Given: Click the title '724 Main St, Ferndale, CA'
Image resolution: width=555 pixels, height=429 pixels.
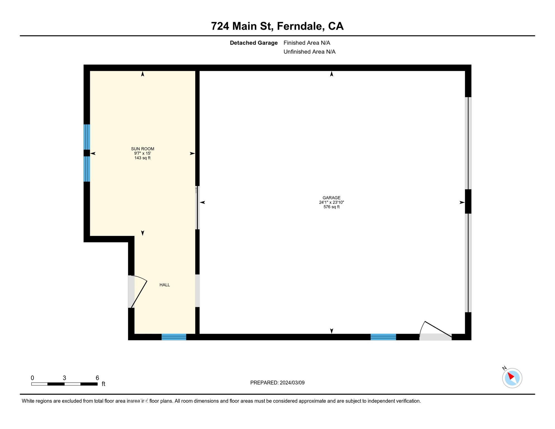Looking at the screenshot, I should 277,26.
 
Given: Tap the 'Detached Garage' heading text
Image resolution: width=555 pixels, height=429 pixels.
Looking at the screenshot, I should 253,43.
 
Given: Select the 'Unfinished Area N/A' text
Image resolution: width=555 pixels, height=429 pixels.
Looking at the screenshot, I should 309,52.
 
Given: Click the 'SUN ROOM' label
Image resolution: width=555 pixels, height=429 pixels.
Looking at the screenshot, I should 143,149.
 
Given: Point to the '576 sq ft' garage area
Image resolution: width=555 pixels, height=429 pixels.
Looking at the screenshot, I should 331,207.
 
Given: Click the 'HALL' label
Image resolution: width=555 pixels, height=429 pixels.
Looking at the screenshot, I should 165,285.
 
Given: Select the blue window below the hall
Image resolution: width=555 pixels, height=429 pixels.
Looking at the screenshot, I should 174,337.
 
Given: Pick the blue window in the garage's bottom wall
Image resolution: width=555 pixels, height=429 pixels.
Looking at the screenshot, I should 383,337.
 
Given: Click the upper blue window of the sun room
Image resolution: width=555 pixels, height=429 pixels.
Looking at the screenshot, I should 87,137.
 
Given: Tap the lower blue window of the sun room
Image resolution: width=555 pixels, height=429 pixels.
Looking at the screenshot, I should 87,169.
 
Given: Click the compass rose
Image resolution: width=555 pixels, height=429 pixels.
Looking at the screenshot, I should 512,378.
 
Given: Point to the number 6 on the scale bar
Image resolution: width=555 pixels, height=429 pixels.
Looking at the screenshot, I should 97,378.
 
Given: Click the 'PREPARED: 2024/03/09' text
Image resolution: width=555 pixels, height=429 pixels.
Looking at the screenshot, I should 277,383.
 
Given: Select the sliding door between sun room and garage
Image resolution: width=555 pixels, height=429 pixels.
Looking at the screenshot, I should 197,208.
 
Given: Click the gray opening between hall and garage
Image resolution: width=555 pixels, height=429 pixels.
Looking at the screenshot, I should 197,291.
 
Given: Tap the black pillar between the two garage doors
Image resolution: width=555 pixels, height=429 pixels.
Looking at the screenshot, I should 468,201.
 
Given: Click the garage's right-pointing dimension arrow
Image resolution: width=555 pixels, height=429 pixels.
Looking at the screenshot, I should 462,202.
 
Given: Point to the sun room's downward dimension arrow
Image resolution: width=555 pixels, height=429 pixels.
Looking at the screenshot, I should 143,233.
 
